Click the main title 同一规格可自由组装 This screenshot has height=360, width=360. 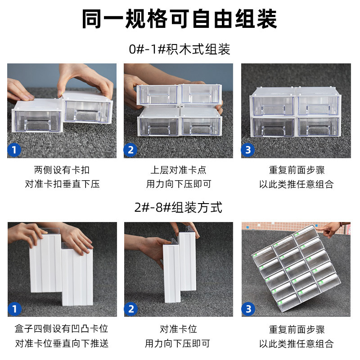coord(180,19)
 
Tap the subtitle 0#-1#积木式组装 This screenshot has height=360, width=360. coord(180,49)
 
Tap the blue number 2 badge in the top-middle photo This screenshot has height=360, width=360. coord(131,149)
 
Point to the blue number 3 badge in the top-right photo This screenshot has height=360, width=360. coord(248,149)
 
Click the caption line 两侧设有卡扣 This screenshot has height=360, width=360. coord(62,171)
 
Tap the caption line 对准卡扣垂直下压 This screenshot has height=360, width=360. coord(62,184)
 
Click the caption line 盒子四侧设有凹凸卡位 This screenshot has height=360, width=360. coord(62,329)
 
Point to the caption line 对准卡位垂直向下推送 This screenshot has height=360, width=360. coord(62,343)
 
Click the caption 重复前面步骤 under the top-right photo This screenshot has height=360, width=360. coord(296,171)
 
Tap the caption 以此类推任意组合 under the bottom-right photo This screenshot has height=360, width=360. coord(296,343)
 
